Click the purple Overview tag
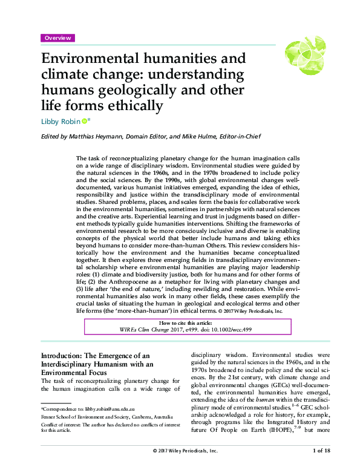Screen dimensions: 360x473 click(x=57, y=38)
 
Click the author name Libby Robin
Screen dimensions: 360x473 click(x=60, y=122)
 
